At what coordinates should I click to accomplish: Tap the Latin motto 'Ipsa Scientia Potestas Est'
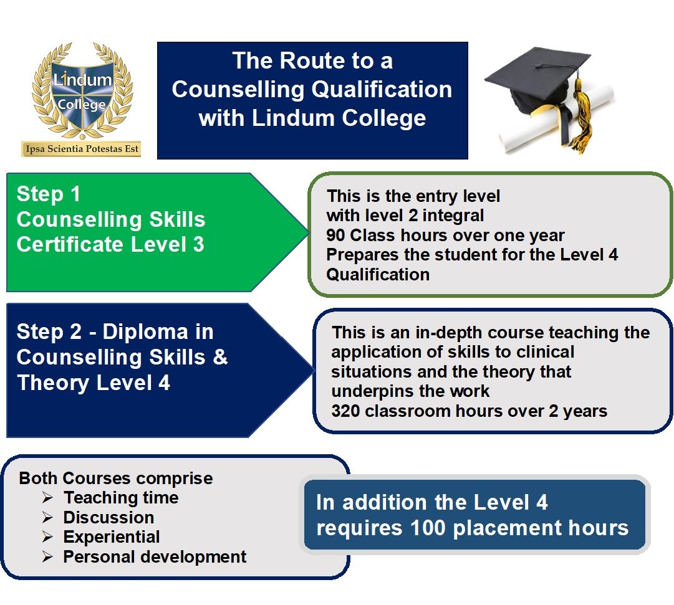(x=82, y=149)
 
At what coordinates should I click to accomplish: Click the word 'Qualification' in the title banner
(x=382, y=89)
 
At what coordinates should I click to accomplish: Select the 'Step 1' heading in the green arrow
(x=48, y=194)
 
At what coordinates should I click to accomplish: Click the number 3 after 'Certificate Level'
(x=198, y=244)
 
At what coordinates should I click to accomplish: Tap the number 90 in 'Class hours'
(x=335, y=235)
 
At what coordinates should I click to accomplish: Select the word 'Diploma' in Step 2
(x=145, y=331)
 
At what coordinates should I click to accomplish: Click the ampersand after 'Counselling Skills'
(x=220, y=357)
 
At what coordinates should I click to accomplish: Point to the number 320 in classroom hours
(x=346, y=411)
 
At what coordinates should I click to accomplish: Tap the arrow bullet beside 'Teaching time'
(x=47, y=498)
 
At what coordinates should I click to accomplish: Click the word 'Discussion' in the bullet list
(x=108, y=517)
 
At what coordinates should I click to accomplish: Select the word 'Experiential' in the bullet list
(x=112, y=537)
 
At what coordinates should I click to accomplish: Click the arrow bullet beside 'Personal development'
(x=47, y=557)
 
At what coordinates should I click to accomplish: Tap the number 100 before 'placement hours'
(x=428, y=528)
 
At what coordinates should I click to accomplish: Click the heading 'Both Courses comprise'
(x=115, y=479)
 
